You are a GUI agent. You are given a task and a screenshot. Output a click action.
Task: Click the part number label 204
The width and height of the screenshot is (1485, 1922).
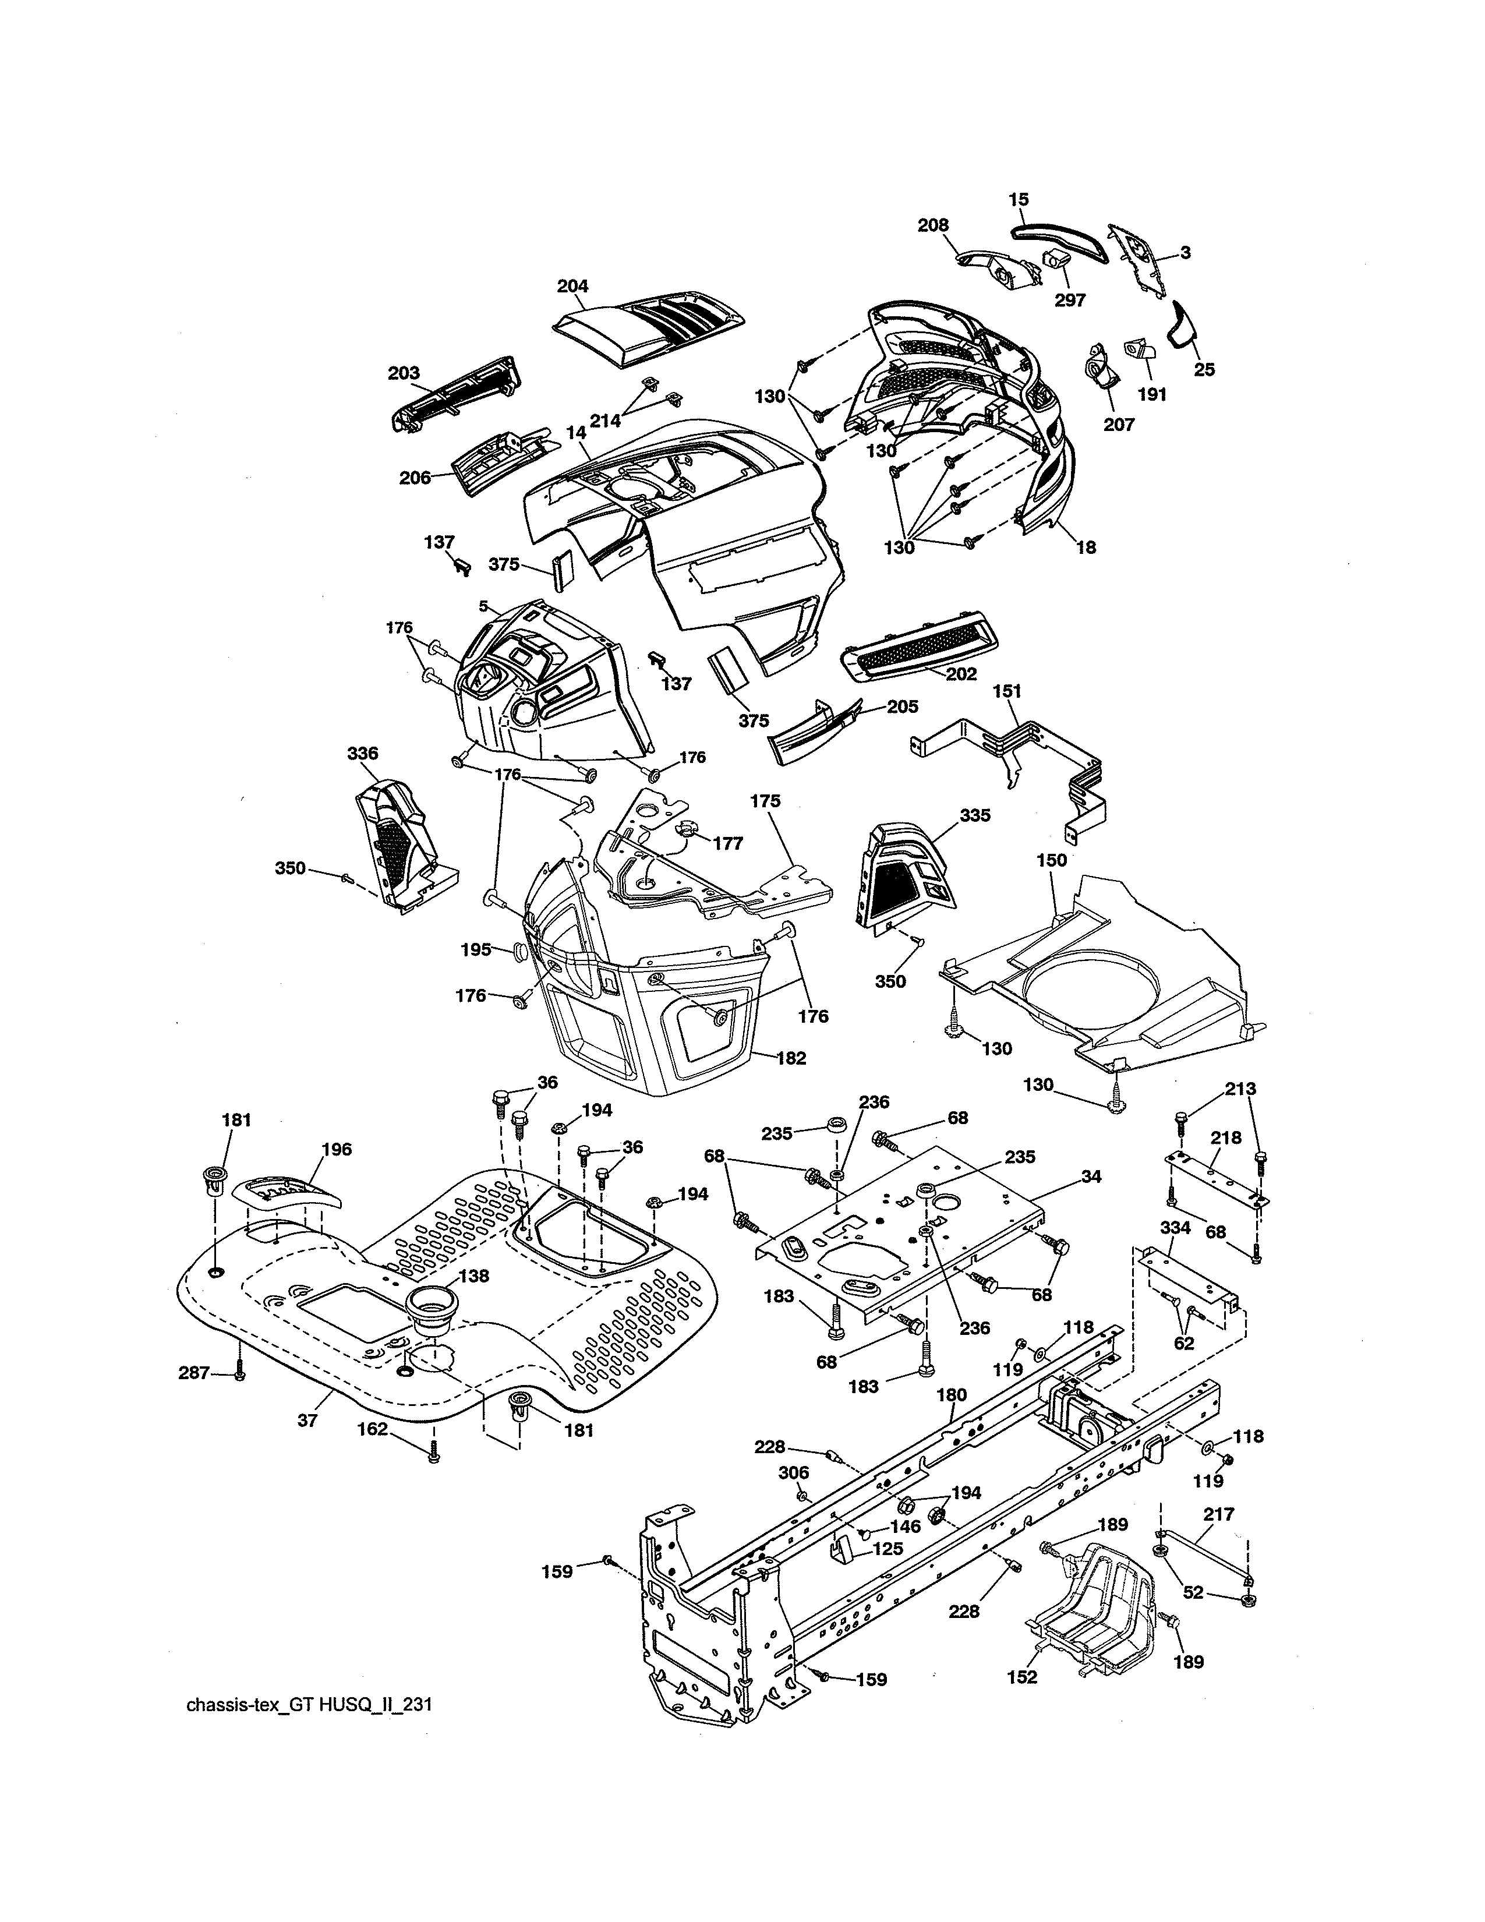pyautogui.click(x=572, y=286)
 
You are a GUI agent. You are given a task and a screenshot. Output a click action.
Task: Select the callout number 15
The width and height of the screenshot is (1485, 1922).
pyautogui.click(x=1019, y=200)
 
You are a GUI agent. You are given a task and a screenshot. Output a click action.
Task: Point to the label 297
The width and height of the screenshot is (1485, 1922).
pyautogui.click(x=1070, y=300)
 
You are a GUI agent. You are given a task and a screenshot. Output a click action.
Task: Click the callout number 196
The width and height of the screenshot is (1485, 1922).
pyautogui.click(x=337, y=1149)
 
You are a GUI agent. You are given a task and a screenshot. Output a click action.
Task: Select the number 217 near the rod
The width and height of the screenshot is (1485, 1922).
pyautogui.click(x=1218, y=1514)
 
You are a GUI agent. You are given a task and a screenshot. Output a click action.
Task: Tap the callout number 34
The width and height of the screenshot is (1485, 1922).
pyautogui.click(x=1090, y=1176)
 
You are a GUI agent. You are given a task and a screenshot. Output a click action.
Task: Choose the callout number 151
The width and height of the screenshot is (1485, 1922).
pyautogui.click(x=1008, y=692)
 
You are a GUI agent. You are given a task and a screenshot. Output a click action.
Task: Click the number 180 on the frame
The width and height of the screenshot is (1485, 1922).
pyautogui.click(x=952, y=1395)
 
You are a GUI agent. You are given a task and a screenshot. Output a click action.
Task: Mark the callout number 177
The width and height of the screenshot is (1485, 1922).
pyautogui.click(x=727, y=843)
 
